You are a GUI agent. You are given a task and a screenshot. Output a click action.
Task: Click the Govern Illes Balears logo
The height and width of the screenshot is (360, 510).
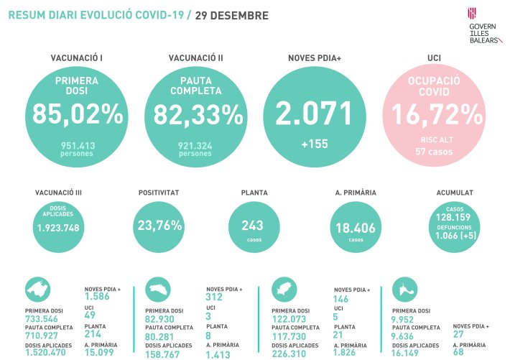[482, 26]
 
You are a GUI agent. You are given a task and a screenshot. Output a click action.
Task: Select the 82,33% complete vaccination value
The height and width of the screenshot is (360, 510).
[195, 115]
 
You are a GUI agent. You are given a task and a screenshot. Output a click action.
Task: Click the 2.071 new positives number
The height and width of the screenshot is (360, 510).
[315, 114]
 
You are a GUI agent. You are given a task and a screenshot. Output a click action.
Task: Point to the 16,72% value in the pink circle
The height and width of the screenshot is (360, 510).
[433, 114]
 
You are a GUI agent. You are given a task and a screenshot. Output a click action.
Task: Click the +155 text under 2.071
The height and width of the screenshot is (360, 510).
[315, 144]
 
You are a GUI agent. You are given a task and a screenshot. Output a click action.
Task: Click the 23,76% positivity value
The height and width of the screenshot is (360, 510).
[159, 225]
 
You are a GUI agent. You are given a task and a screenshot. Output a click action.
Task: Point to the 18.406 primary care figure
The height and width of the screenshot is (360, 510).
[351, 228]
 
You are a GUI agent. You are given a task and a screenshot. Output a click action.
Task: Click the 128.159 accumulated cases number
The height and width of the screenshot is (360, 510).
[455, 217]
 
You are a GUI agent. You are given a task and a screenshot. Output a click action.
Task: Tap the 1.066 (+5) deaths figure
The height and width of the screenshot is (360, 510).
[455, 236]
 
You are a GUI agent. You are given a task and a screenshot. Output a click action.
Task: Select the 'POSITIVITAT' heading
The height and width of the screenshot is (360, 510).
[159, 193]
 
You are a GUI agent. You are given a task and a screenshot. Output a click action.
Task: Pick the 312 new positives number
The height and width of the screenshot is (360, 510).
[215, 297]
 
